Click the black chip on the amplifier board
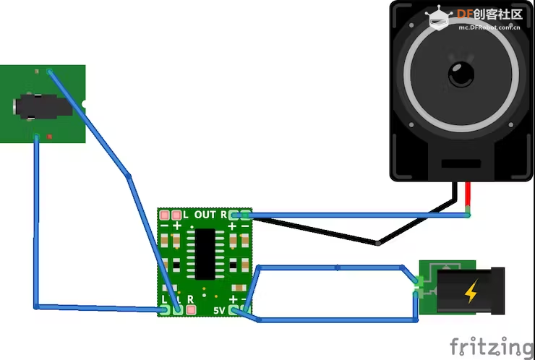[205, 254]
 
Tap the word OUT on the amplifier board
[205, 215]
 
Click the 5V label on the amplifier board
[219, 310]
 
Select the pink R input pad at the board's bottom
[191, 310]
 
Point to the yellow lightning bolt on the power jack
[471, 291]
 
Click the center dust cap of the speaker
[461, 74]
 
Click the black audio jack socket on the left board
[43, 107]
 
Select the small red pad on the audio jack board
[49, 137]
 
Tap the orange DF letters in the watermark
[465, 14]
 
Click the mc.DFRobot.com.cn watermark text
[489, 27]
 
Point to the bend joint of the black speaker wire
[377, 244]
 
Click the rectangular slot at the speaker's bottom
[461, 163]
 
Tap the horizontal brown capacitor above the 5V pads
[239, 288]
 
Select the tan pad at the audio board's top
[36, 72]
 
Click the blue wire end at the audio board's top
[50, 72]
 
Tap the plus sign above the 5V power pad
[233, 299]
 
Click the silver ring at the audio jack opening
[14, 107]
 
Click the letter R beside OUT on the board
[223, 215]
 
